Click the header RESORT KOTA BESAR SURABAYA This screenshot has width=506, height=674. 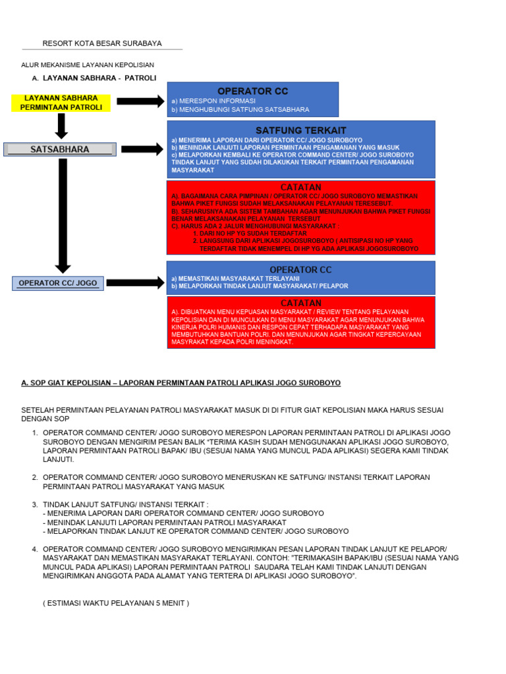point(102,43)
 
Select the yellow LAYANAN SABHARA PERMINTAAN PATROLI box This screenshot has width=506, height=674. point(61,103)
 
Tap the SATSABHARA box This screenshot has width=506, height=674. point(60,149)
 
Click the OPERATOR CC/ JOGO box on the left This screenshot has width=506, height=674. point(58,283)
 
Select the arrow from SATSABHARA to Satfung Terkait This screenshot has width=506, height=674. point(142,149)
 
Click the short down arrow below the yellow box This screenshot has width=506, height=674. point(61,125)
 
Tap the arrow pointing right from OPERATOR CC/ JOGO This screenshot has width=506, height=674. point(134,283)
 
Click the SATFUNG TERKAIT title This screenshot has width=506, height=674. point(300,130)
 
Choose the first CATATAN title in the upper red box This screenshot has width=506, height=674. point(300,188)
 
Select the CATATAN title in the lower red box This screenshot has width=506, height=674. point(300,303)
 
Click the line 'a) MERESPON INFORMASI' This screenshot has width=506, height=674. point(213,101)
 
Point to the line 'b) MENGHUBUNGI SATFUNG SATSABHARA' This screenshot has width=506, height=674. point(240,110)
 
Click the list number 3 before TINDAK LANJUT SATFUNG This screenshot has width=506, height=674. point(35,504)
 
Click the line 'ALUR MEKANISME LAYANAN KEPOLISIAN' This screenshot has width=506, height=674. point(88,65)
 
